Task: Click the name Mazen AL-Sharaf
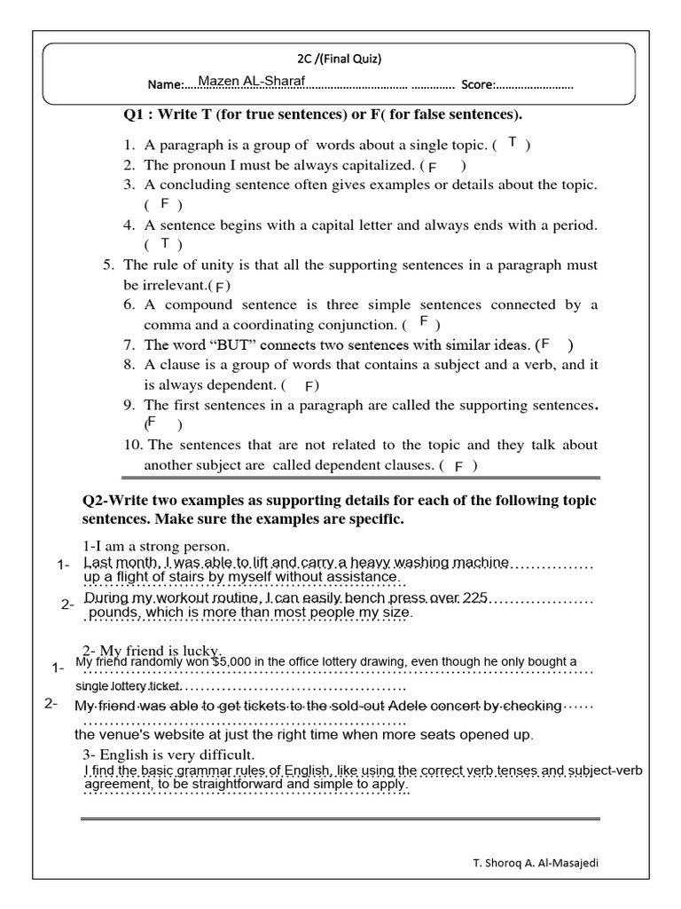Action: [x=252, y=82]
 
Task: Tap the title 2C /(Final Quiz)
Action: [x=340, y=59]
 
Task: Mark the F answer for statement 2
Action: [x=433, y=166]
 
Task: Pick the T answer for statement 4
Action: [x=164, y=243]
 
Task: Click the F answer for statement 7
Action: [x=546, y=344]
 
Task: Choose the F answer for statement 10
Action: [x=458, y=466]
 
